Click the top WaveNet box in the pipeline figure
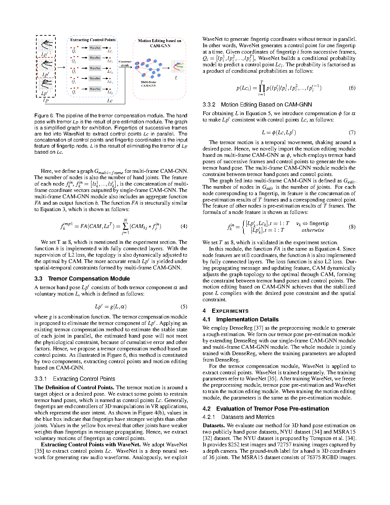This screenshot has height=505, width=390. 95,48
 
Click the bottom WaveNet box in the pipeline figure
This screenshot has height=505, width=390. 95,89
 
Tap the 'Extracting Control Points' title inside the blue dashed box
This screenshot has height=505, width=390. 93,40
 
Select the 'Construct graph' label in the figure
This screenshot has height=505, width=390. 125,63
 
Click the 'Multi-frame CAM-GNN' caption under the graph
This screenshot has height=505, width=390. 148,84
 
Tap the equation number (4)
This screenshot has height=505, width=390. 184,226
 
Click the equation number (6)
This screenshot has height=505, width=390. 352,88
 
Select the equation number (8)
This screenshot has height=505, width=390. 352,227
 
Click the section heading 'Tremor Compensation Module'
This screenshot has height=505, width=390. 89,279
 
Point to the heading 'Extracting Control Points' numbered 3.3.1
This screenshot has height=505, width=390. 84,379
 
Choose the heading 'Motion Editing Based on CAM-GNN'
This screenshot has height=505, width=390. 266,105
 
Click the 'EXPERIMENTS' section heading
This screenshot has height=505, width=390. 230,311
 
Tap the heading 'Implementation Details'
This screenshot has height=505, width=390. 247,319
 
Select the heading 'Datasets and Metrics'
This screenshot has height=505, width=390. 248,417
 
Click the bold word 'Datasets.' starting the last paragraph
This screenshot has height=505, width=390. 214,426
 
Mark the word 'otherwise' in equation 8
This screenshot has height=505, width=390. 313,230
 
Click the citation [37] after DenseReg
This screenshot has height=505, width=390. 258,328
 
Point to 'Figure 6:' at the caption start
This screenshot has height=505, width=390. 44,116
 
